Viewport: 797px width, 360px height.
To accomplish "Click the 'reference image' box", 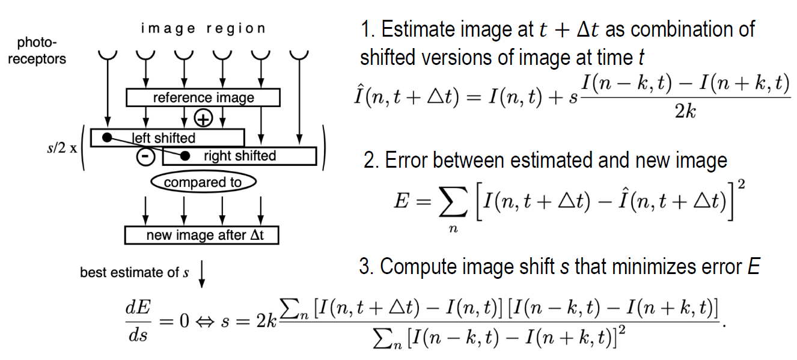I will coord(203,97).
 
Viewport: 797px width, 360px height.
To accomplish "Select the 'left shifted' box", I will coord(168,138).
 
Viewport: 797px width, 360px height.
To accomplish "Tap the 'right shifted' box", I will coord(239,156).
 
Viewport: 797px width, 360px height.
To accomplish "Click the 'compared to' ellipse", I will coord(203,182).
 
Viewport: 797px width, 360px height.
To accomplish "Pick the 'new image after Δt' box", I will coord(203,235).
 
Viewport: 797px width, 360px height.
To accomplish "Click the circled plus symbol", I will coord(204,118).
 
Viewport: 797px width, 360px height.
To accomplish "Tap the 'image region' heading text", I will coord(203,28).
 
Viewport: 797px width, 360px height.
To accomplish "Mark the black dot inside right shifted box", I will coord(186,156).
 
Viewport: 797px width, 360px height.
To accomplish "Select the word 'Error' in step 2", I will coord(405,160).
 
